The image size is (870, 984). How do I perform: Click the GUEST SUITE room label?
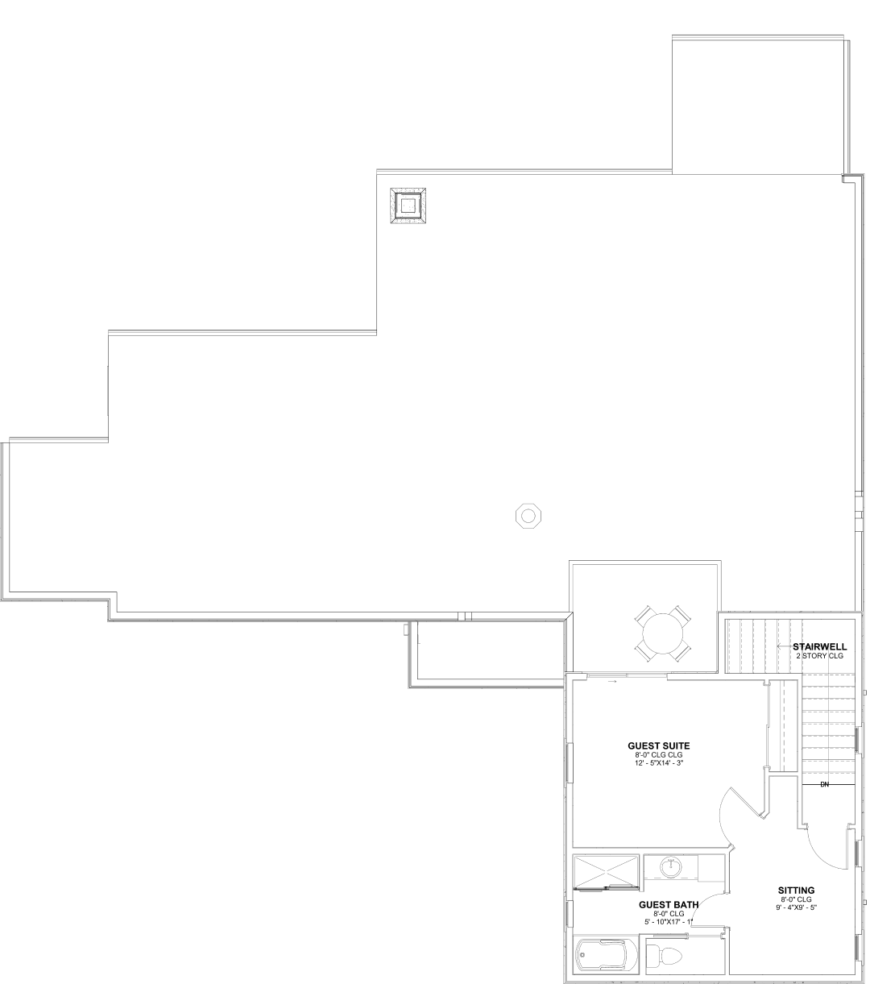pyautogui.click(x=658, y=745)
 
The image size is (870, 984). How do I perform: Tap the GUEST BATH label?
pyautogui.click(x=669, y=904)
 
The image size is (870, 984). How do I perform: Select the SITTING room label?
pyautogui.click(x=796, y=891)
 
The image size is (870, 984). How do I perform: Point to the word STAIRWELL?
pyautogui.click(x=819, y=646)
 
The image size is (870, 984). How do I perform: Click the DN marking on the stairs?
pyautogui.click(x=824, y=798)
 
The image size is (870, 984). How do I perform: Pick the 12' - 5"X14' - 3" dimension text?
pyautogui.click(x=659, y=762)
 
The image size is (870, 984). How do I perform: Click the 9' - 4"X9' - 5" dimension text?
pyautogui.click(x=796, y=907)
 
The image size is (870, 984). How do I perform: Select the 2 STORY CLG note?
pyautogui.click(x=819, y=656)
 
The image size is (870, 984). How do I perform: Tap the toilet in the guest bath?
pyautogui.click(x=666, y=956)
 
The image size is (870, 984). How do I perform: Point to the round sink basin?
pyautogui.click(x=671, y=866)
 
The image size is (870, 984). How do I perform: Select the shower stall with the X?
pyautogui.click(x=606, y=872)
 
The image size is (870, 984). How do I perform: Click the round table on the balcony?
pyautogui.click(x=663, y=633)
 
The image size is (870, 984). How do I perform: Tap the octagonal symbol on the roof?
pyautogui.click(x=528, y=515)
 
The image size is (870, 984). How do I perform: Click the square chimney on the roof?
pyautogui.click(x=408, y=206)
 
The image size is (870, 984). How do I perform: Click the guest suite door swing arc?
pyautogui.click(x=724, y=825)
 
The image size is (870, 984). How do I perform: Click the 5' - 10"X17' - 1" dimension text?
pyautogui.click(x=669, y=921)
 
